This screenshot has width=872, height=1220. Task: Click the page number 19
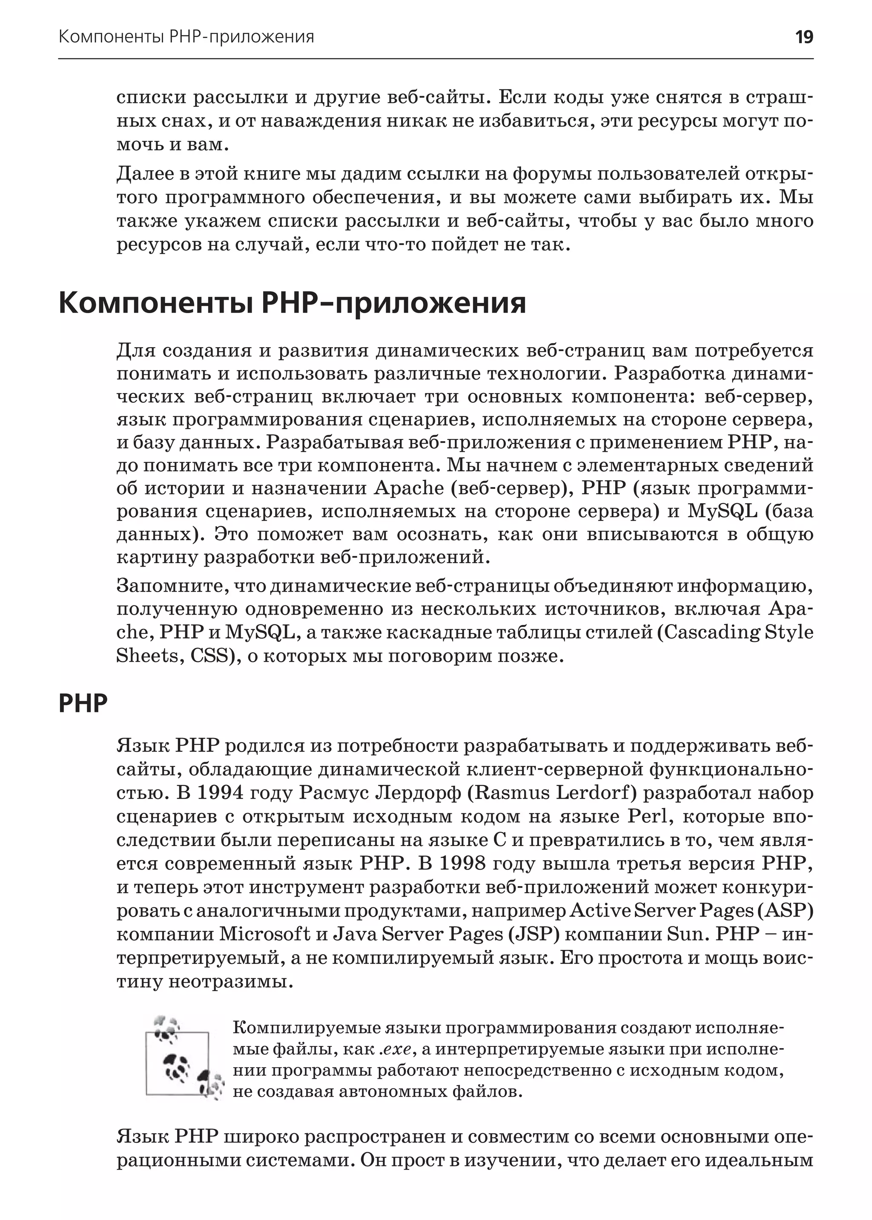coord(804,37)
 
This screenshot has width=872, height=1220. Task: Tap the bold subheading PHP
coord(83,703)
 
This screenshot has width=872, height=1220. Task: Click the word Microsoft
coord(265,934)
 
